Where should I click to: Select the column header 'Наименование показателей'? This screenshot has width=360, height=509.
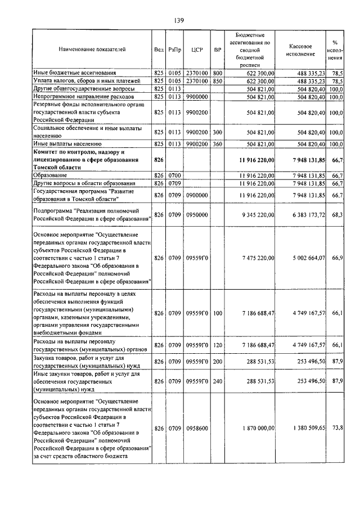coord(92,49)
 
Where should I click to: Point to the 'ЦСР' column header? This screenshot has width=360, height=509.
coord(196,49)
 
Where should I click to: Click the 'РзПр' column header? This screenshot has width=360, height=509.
coord(174,49)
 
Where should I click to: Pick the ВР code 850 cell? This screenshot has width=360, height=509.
coord(218,81)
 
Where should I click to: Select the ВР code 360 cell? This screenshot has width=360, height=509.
coord(218,145)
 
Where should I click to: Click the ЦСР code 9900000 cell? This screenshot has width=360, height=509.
coord(197,97)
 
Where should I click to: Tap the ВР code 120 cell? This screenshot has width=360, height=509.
coord(218,345)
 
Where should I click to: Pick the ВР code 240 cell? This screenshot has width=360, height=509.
coord(218,381)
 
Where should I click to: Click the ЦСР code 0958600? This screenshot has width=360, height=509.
coord(197,429)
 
